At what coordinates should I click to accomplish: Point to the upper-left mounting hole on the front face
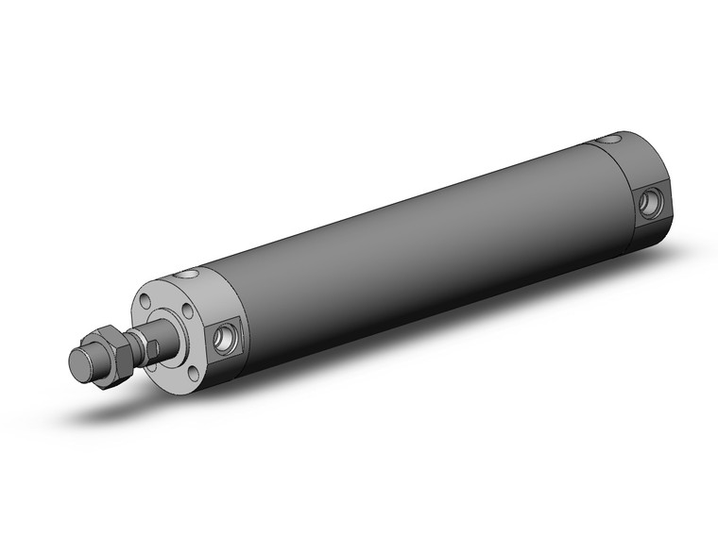(147, 303)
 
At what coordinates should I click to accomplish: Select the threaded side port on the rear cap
(650, 203)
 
